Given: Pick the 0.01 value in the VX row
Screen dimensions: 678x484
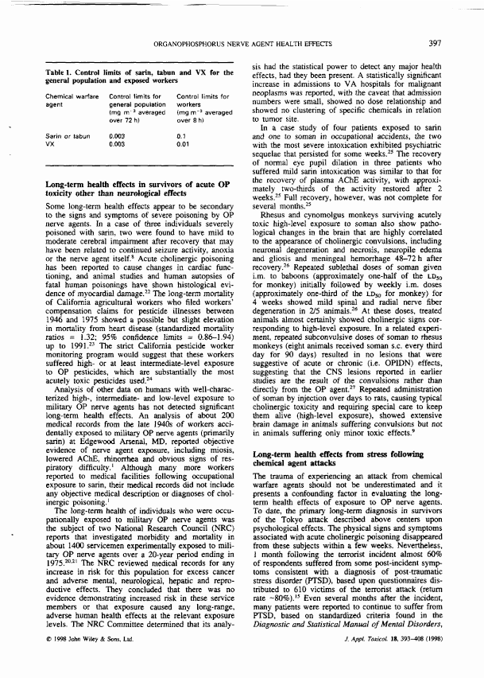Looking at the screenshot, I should click(x=182, y=145).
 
